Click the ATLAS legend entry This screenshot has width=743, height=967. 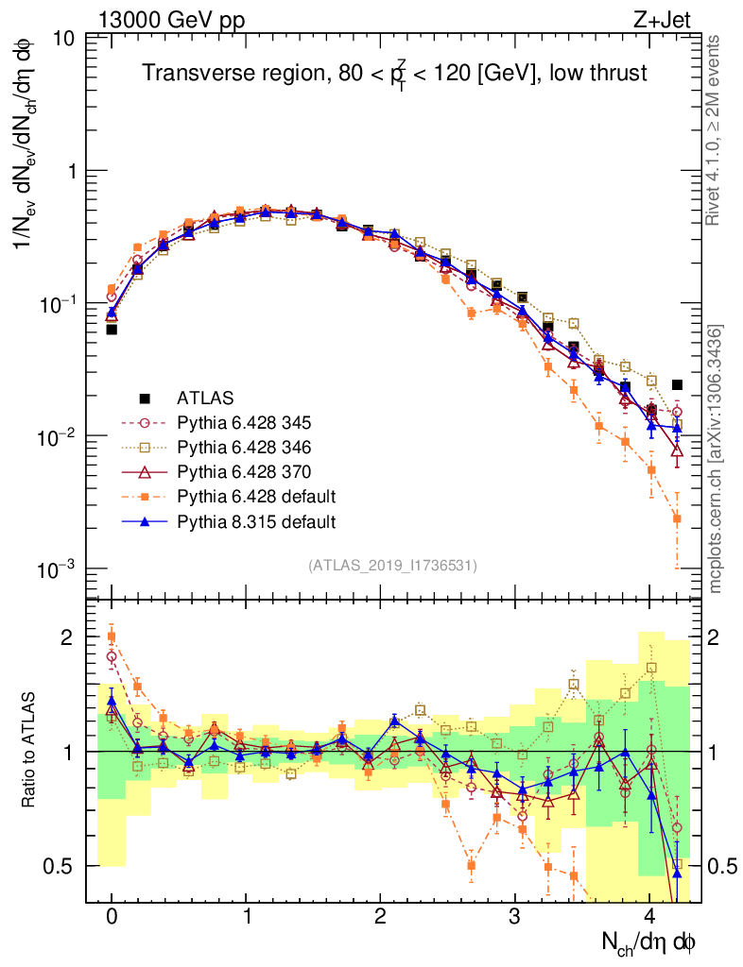204,398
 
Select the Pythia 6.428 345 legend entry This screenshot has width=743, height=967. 243,422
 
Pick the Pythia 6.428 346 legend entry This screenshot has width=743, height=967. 243,447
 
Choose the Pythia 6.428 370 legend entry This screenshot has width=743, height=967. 243,471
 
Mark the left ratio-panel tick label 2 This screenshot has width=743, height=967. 67,637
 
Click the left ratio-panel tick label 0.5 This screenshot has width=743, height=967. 60,866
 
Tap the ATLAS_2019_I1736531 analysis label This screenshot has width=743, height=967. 392,566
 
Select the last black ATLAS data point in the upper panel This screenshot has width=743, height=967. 677,385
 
